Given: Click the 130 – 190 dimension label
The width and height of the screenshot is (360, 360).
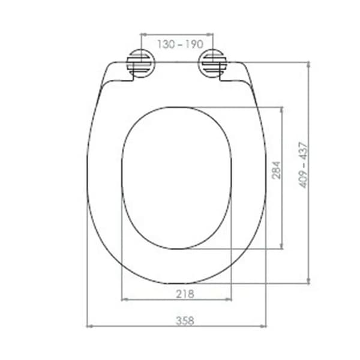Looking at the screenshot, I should coord(176,44).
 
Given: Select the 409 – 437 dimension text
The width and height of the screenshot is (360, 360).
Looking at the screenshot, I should coord(304,164).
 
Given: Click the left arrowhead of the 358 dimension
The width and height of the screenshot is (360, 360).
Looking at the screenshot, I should coord(89,326).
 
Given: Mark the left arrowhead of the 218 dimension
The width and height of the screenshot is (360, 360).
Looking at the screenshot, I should coord(124,298).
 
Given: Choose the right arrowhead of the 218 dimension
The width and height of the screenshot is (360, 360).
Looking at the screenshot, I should coord(229,298).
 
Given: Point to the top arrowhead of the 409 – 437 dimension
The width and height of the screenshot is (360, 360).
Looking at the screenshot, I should coord(308,64).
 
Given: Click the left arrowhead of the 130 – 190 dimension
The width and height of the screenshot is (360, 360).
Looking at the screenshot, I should coord(143,35).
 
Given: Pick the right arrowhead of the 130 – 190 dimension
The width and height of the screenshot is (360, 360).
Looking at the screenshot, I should coord(211,35).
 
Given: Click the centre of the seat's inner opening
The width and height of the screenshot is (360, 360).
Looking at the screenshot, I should coord(176,178).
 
